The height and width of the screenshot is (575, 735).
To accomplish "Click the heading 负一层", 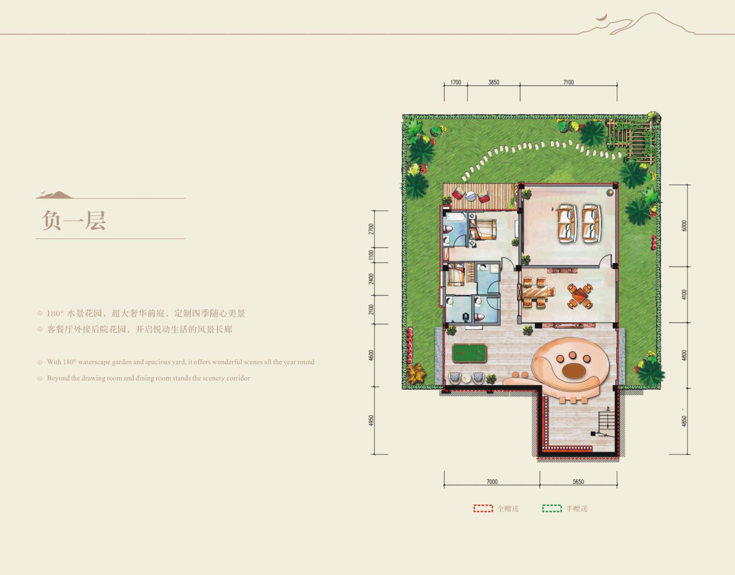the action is click(74, 221).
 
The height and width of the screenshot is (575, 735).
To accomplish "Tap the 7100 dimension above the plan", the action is click(568, 82).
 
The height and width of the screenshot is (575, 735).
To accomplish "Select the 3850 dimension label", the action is click(493, 82).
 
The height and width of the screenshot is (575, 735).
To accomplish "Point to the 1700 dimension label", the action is click(455, 82).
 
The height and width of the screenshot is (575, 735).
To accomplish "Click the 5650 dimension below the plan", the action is click(578, 481).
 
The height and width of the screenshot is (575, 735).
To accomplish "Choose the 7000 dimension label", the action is click(492, 481).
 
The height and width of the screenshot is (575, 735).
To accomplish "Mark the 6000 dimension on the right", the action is click(684, 226).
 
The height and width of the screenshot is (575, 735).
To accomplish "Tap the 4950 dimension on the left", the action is click(371, 421).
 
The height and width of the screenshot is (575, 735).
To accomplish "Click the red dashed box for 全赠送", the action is click(483, 508).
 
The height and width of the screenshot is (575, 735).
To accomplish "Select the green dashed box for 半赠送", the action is click(551, 508).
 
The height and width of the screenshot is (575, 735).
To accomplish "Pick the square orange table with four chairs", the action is click(580, 296).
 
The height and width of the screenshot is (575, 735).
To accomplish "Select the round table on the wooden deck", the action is click(470, 196).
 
